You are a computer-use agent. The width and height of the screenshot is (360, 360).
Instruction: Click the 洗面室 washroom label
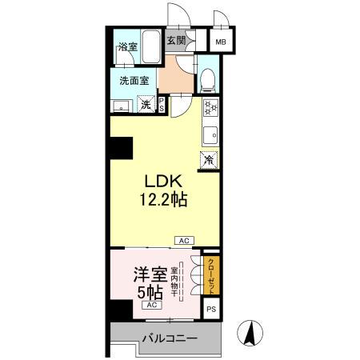point(134,80)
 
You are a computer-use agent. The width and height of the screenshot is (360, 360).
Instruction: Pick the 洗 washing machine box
point(146,104)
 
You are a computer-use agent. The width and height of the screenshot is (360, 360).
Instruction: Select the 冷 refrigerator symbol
point(209,160)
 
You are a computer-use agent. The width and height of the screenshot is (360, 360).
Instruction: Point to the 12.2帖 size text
point(166,200)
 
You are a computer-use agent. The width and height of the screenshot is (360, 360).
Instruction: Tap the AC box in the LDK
point(183,239)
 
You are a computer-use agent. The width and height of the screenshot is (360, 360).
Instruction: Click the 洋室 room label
point(150,273)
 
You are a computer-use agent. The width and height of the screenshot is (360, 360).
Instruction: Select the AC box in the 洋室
point(150,306)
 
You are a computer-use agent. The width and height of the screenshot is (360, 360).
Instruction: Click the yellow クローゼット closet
point(211,274)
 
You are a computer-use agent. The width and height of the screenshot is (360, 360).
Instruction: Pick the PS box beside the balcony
point(211,309)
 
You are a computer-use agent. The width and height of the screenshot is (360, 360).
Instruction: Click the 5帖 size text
point(150,291)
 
